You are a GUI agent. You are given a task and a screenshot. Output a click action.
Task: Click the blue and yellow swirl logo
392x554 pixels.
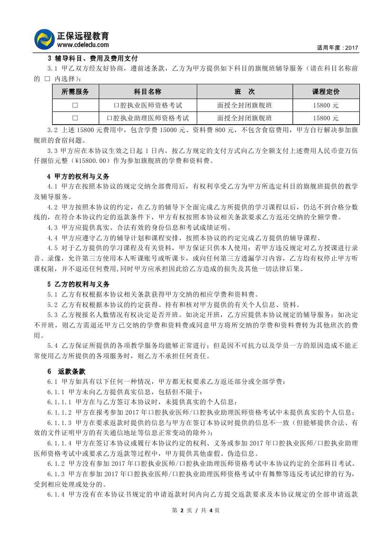[x=45, y=39]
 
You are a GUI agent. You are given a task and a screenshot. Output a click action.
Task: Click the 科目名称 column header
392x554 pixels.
[x=148, y=91]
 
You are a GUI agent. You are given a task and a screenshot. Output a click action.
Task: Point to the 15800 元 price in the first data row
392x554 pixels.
[x=326, y=105]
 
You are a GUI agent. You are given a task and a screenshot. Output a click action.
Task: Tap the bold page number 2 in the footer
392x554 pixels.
[x=182, y=510]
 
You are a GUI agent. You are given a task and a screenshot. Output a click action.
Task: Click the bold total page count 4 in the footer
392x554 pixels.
[x=210, y=510]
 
